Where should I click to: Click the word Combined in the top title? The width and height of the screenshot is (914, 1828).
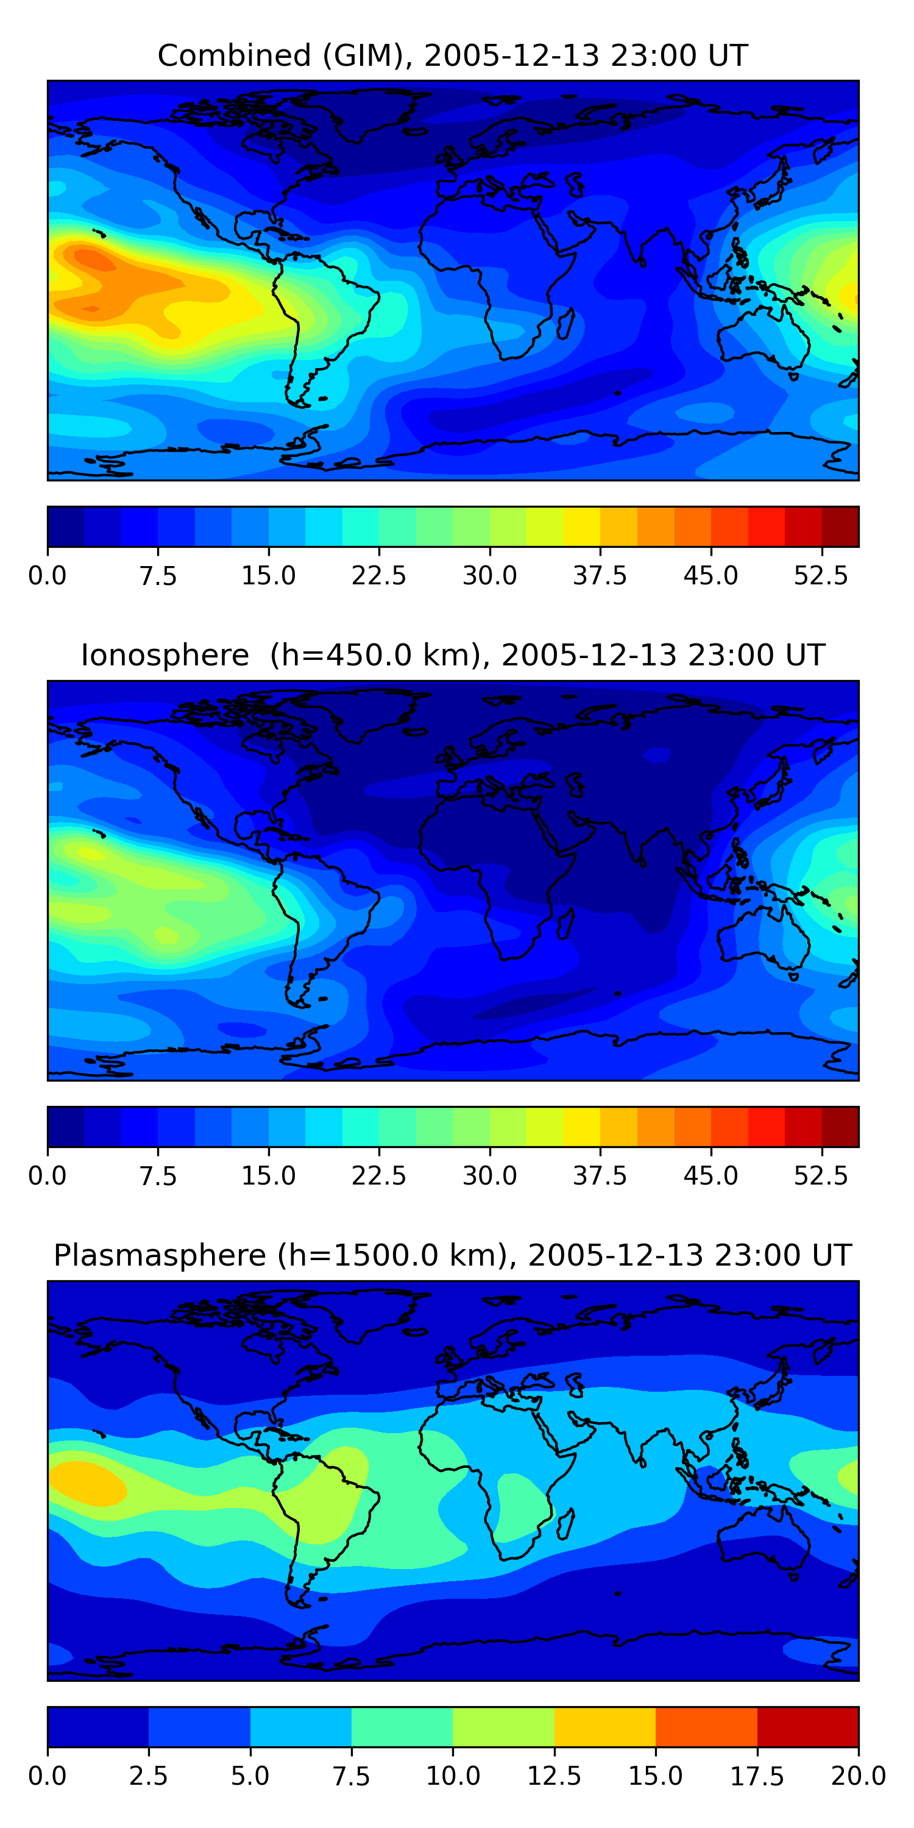point(233,55)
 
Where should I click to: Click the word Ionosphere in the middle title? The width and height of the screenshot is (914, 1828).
point(165,655)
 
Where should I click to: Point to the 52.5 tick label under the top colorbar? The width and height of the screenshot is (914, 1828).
point(820,575)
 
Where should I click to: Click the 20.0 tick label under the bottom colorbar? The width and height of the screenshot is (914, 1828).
point(858,1776)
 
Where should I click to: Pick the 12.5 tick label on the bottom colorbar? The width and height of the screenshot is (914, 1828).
point(553,1776)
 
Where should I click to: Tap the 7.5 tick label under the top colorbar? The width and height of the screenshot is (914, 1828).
point(158,575)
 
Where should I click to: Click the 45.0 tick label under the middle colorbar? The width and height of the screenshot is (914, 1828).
point(710,1176)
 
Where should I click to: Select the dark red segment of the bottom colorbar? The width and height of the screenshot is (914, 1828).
point(807,1726)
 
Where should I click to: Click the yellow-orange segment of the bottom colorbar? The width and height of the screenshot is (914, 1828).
point(604,1726)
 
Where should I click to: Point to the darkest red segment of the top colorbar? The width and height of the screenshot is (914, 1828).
point(840,526)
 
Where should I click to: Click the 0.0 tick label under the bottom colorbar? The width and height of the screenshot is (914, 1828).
point(47,1776)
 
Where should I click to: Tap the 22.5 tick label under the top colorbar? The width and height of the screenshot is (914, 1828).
point(378,575)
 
